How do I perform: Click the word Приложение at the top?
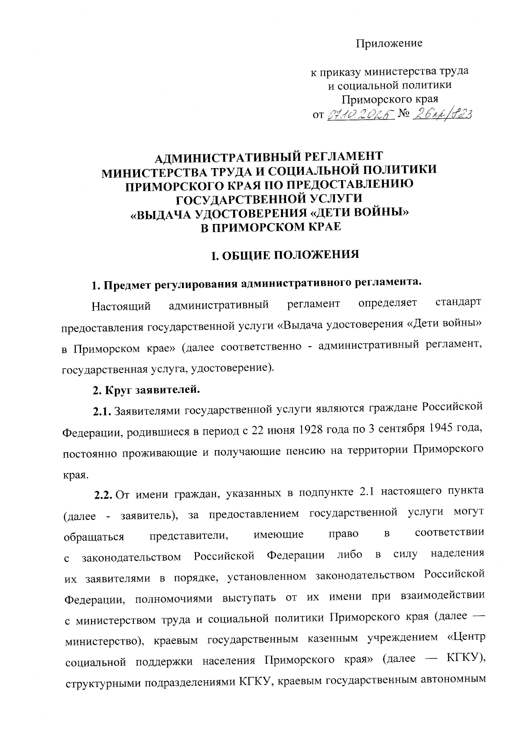click(x=389, y=44)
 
